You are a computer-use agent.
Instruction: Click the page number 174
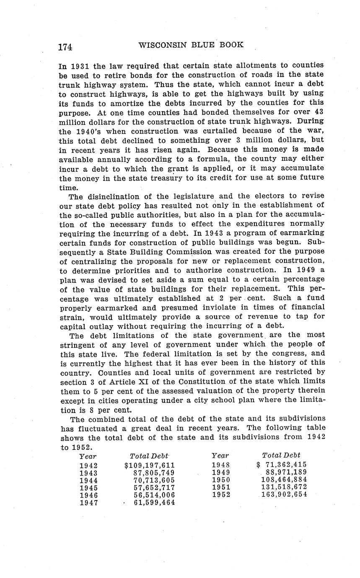(x=65, y=47)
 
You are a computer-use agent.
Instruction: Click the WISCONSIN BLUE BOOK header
(x=191, y=45)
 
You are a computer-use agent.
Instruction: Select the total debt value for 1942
(x=150, y=465)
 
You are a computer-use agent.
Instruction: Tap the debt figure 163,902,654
(x=284, y=494)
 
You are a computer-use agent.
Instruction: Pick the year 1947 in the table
(x=88, y=503)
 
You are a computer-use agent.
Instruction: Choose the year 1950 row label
(x=221, y=480)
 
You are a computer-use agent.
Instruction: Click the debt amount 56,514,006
(x=154, y=495)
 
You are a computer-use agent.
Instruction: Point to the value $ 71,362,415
(x=282, y=464)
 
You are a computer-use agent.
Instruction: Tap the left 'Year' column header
(x=88, y=456)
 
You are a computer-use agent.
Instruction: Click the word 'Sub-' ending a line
(x=316, y=242)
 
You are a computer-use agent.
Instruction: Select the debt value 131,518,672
(x=284, y=487)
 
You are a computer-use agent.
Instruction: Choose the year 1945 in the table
(x=88, y=488)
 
